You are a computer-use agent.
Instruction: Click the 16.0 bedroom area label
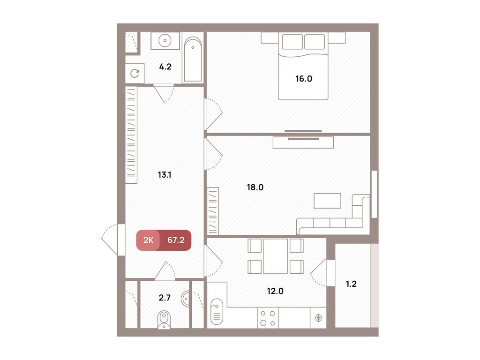(x=304, y=79)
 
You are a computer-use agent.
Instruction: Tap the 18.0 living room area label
(x=255, y=187)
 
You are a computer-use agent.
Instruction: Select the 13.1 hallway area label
(x=165, y=175)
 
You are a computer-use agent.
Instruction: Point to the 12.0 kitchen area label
(x=275, y=291)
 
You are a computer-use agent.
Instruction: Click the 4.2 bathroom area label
(x=165, y=67)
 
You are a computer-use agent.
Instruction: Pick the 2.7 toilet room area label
(x=165, y=298)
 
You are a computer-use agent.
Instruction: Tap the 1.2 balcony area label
(x=351, y=284)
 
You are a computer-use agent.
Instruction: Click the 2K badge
(x=149, y=240)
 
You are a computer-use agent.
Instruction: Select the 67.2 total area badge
(x=176, y=240)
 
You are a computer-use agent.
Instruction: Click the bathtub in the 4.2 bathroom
(x=193, y=59)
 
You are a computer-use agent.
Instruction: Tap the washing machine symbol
(x=135, y=74)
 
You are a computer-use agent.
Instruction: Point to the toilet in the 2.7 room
(x=164, y=320)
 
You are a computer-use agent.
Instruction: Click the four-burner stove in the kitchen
(x=268, y=318)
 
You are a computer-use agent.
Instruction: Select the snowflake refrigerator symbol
(x=318, y=318)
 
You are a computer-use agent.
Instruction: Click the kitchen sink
(x=217, y=311)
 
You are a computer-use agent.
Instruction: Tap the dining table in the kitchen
(x=275, y=256)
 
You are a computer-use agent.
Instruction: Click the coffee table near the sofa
(x=327, y=201)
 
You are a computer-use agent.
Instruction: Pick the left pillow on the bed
(x=292, y=42)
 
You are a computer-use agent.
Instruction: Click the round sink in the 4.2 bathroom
(x=165, y=40)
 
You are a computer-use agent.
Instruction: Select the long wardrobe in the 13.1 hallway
(x=131, y=135)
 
